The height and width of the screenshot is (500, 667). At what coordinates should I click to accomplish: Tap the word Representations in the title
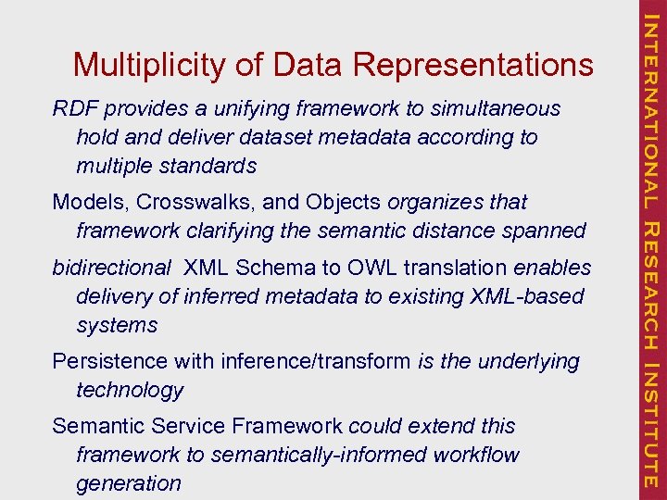[x=472, y=65]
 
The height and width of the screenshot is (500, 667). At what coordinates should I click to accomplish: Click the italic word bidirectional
[x=111, y=268]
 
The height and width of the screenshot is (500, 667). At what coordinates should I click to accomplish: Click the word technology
[x=130, y=390]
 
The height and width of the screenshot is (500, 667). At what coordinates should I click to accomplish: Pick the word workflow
[x=473, y=455]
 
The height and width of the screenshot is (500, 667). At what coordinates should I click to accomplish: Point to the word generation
[x=129, y=483]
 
